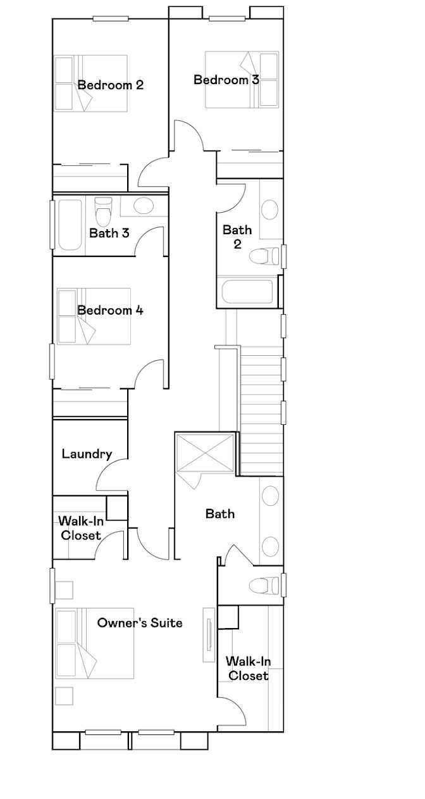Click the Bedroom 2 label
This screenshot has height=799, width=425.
[111, 85]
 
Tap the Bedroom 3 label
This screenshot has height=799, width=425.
[226, 80]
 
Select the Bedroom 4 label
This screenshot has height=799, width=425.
[111, 310]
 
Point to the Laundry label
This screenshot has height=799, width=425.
[87, 454]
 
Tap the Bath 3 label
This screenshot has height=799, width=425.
[109, 233]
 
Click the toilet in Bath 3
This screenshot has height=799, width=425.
[103, 211]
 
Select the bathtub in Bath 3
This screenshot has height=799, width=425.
[70, 225]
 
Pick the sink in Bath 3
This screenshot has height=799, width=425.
[144, 206]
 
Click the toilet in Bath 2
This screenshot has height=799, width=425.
[264, 256]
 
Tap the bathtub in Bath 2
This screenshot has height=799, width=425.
[247, 292]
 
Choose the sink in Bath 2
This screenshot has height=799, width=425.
[269, 210]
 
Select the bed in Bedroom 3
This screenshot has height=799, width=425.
[242, 80]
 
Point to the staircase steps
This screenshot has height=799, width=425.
[262, 412]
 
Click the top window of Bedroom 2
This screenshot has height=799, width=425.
[111, 18]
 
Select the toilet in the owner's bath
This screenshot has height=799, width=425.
[264, 586]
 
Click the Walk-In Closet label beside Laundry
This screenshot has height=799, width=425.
[81, 528]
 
